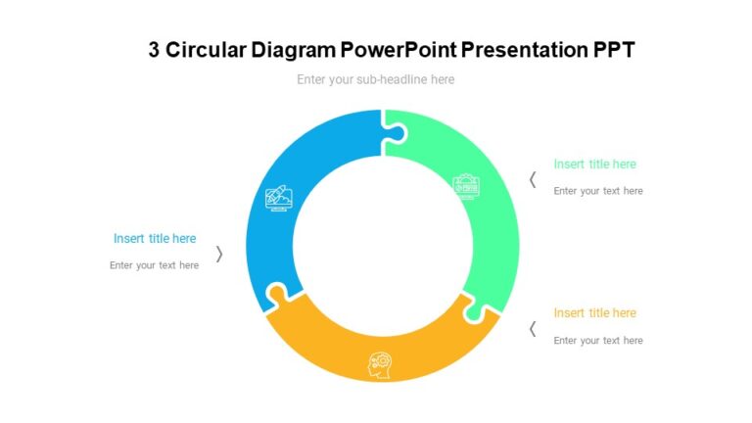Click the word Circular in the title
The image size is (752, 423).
click(x=209, y=50)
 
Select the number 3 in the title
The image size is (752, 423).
click(x=155, y=50)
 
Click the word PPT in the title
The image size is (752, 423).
click(x=614, y=50)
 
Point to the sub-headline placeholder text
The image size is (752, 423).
click(x=376, y=79)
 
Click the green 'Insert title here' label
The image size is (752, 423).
click(x=594, y=164)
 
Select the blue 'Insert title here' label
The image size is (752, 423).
click(x=155, y=238)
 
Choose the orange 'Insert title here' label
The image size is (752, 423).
click(x=594, y=313)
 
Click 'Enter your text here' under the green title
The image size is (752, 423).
click(x=598, y=191)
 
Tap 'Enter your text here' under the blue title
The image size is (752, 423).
click(x=155, y=265)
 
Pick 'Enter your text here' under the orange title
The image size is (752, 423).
click(x=598, y=341)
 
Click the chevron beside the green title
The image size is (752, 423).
click(x=533, y=179)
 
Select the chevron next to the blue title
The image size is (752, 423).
click(x=219, y=254)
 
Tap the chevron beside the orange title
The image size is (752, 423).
click(x=533, y=329)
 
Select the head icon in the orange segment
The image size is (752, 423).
click(x=379, y=363)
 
